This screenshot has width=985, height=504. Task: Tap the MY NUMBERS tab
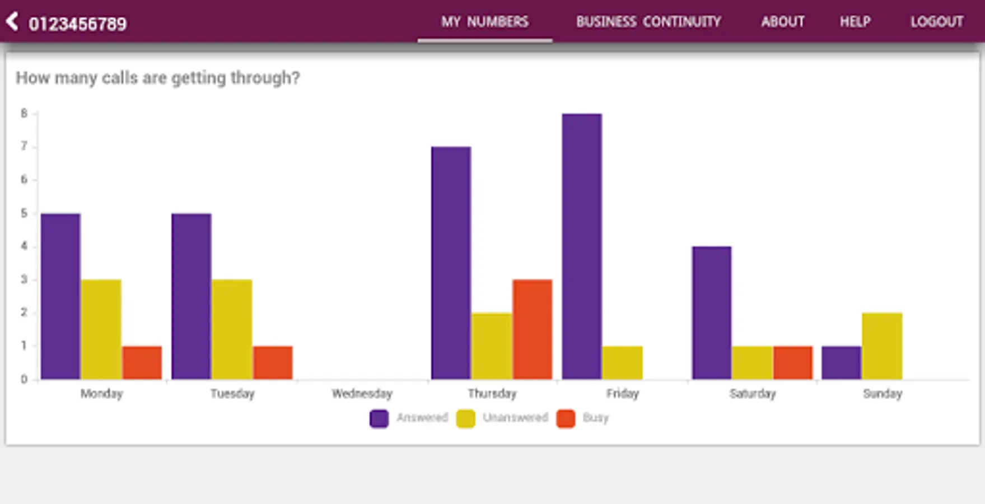(x=484, y=22)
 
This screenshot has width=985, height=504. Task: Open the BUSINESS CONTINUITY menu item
(x=648, y=22)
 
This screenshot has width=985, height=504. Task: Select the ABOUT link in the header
(x=782, y=22)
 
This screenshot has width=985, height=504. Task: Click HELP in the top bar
(x=855, y=22)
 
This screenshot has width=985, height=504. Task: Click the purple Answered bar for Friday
(x=582, y=246)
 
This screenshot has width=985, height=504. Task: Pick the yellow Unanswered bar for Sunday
(x=882, y=346)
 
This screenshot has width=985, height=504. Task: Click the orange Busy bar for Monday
(x=142, y=362)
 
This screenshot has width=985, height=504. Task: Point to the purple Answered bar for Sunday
(x=841, y=362)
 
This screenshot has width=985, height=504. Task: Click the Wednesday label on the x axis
(x=362, y=394)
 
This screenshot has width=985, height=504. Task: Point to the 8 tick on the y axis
(x=24, y=114)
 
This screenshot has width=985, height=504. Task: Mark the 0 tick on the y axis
(x=24, y=379)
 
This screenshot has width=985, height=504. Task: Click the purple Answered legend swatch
(x=379, y=418)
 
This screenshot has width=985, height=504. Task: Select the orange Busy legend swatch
(x=566, y=418)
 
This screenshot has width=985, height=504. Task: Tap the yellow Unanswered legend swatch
(x=465, y=418)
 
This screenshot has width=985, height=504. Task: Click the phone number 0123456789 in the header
(x=78, y=24)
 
